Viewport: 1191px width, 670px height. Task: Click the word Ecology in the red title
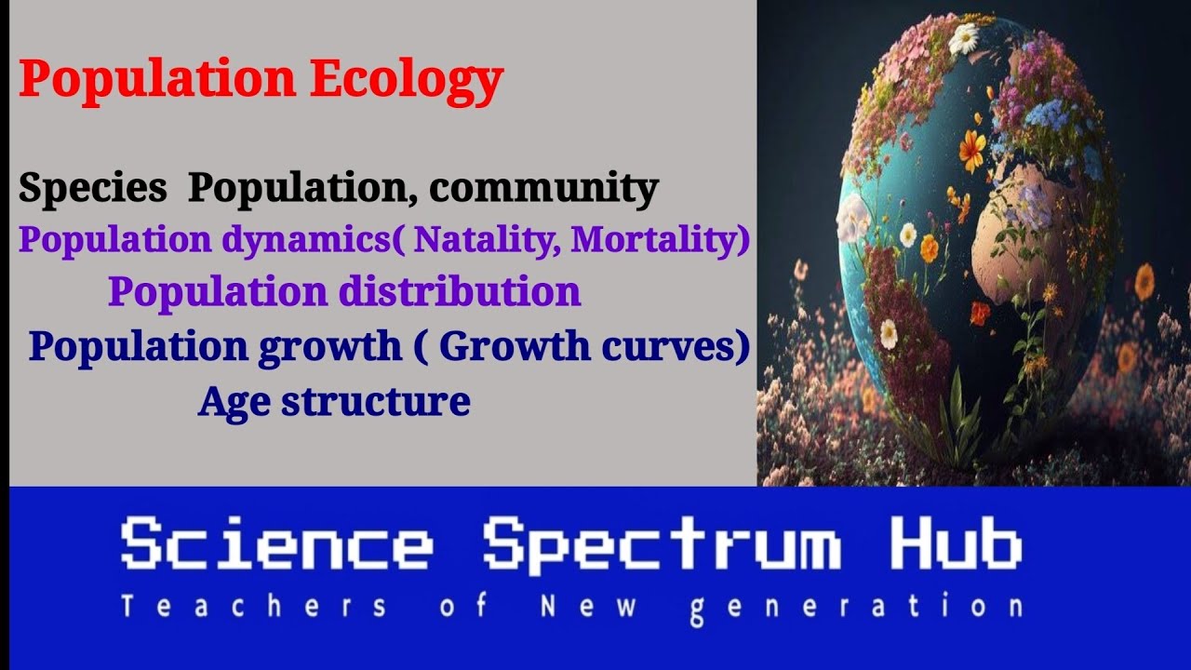click(x=407, y=79)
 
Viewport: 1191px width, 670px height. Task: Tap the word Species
click(x=92, y=188)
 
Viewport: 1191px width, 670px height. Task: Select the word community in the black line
click(x=543, y=188)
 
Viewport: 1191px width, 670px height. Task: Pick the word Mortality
click(x=655, y=240)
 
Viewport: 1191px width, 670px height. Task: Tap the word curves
click(x=678, y=345)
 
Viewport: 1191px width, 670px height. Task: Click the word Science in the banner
click(x=276, y=545)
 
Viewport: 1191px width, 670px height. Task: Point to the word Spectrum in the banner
click(x=662, y=547)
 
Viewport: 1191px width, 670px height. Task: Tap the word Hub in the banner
click(x=956, y=545)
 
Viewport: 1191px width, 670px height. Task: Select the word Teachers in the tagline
click(x=253, y=608)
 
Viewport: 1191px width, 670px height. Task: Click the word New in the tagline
click(x=590, y=608)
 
